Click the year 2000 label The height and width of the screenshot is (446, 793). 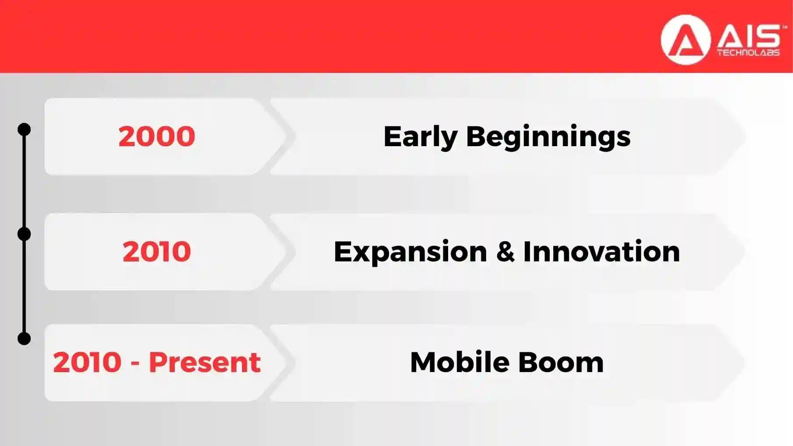click(x=157, y=136)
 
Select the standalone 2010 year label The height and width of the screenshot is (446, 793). click(x=157, y=252)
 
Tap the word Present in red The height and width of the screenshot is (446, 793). click(x=205, y=362)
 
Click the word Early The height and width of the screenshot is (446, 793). click(x=420, y=137)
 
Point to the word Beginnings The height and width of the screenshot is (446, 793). click(x=548, y=137)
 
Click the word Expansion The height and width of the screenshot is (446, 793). click(x=410, y=252)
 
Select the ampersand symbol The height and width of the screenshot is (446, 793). click(x=505, y=252)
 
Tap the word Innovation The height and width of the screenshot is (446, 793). click(x=601, y=252)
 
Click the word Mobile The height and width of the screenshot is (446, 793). click(x=460, y=362)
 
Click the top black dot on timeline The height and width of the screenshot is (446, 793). click(x=24, y=130)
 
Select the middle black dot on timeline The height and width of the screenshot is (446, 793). click(x=24, y=234)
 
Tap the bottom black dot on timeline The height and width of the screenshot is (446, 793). click(x=24, y=338)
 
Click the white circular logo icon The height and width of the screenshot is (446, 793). click(x=685, y=40)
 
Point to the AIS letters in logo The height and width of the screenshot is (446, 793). click(x=748, y=37)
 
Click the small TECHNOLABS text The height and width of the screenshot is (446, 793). click(x=748, y=53)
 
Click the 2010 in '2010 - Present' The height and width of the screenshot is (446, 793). click(x=87, y=362)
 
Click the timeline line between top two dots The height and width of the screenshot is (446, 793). click(x=24, y=182)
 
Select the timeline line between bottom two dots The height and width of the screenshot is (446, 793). click(x=24, y=287)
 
